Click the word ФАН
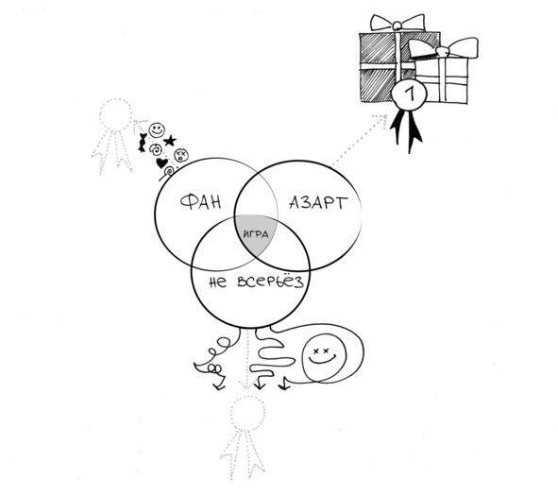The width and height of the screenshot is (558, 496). pyautogui.click(x=201, y=202)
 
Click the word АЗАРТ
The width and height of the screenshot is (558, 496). pyautogui.click(x=318, y=202)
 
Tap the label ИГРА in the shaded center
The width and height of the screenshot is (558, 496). pyautogui.click(x=256, y=234)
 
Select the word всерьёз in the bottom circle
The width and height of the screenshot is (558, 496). pyautogui.click(x=270, y=281)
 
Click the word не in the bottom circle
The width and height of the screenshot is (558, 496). pyautogui.click(x=217, y=282)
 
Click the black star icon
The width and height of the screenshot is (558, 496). pyautogui.click(x=170, y=141)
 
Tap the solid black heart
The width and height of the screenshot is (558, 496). pyautogui.click(x=161, y=163)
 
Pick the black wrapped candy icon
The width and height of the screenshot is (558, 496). pyautogui.click(x=143, y=143)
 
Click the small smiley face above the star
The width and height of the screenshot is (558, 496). pyautogui.click(x=157, y=130)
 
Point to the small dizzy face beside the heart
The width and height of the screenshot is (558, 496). pyautogui.click(x=181, y=155)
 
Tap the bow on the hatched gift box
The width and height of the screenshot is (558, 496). pyautogui.click(x=397, y=23)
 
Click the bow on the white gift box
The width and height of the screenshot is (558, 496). pyautogui.click(x=443, y=48)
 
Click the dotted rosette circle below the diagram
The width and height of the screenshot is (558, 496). pyautogui.click(x=247, y=413)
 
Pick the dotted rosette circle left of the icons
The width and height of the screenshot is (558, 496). pyautogui.click(x=115, y=115)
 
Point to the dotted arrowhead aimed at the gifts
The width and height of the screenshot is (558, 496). pyautogui.click(x=381, y=120)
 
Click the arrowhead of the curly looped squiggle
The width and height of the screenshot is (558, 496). pyautogui.click(x=218, y=385)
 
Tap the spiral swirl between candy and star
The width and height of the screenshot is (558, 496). pyautogui.click(x=156, y=149)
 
